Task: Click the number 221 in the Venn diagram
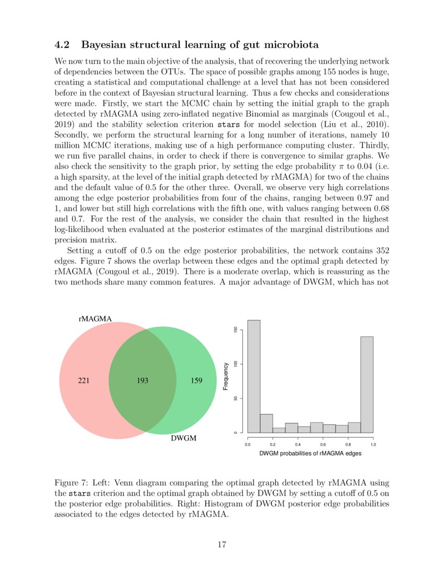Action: pyautogui.click(x=84, y=381)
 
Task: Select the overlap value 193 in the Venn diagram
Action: pyautogui.click(x=142, y=381)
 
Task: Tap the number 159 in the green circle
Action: pyautogui.click(x=196, y=381)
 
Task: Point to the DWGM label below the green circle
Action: pyautogui.click(x=184, y=438)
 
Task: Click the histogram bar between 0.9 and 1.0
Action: pyautogui.click(x=367, y=384)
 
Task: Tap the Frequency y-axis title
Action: pyautogui.click(x=226, y=376)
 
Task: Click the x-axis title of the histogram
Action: pyautogui.click(x=310, y=453)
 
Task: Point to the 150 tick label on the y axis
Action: pyautogui.click(x=237, y=329)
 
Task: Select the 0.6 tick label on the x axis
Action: pyautogui.click(x=323, y=444)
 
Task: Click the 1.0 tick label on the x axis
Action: pyautogui.click(x=373, y=444)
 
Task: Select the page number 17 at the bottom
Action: pyautogui.click(x=222, y=545)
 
